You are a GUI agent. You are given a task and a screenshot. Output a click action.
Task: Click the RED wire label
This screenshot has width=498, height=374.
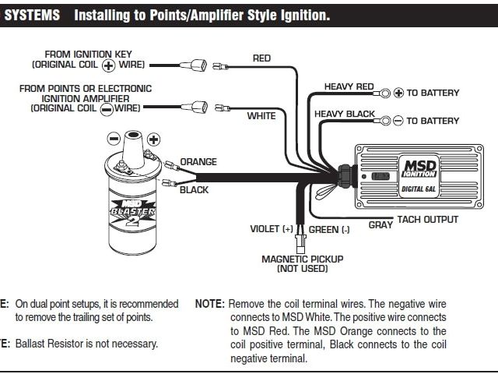click(x=261, y=58)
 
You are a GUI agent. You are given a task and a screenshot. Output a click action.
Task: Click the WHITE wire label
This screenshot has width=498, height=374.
click(x=261, y=116)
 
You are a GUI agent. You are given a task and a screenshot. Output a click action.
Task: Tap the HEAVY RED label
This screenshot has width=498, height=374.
click(x=343, y=86)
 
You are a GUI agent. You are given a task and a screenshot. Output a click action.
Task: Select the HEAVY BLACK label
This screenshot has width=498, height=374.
click(x=345, y=114)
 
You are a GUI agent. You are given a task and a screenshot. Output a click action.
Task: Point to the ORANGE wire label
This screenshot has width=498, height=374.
click(x=198, y=162)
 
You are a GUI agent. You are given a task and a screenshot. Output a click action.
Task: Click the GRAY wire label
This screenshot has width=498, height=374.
click(x=380, y=225)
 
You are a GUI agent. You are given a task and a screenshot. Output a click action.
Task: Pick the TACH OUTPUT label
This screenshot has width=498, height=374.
click(x=428, y=220)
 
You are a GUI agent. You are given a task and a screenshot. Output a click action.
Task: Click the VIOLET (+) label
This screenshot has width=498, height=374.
click(x=272, y=230)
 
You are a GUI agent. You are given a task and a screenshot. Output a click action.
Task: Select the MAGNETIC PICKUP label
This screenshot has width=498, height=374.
click(x=303, y=259)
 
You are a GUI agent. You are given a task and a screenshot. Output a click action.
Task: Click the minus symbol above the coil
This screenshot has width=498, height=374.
click(x=113, y=139)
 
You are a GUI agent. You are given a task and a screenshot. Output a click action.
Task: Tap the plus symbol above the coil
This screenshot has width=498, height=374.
click(x=153, y=139)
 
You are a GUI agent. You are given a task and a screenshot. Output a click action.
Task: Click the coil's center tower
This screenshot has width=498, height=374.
click(x=133, y=144)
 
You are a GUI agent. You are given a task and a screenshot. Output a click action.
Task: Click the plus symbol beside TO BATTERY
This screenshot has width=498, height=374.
click(x=398, y=93)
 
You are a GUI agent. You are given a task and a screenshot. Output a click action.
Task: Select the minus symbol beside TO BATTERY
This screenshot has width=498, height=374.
click(x=398, y=121)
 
